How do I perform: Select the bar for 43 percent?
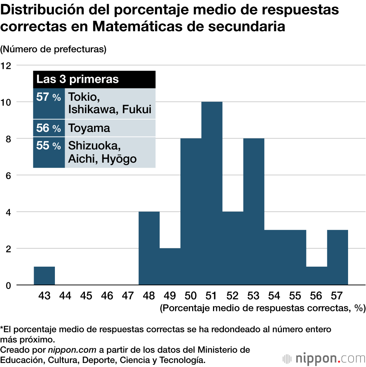(44, 276)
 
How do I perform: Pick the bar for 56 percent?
(317, 276)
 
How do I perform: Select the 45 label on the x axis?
(86, 296)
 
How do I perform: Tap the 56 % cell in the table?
(49, 128)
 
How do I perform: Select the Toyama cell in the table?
(89, 128)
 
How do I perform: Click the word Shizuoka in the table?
(94, 146)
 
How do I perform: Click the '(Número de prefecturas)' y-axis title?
(53, 49)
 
